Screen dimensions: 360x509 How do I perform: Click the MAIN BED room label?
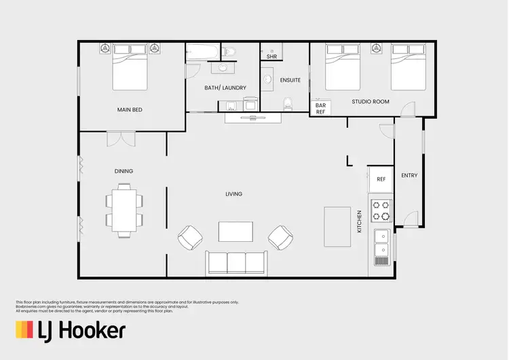(x=129, y=109)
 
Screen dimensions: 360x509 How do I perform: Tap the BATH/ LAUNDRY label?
(x=225, y=88)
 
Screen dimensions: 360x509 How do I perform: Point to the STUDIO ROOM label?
(x=371, y=101)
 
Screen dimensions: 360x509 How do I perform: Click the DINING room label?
(x=124, y=171)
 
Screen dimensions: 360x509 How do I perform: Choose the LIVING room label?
(x=234, y=194)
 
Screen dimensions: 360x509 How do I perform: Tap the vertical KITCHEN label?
(x=360, y=221)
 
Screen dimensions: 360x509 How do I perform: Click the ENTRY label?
(x=409, y=175)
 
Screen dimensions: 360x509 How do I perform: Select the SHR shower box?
(x=271, y=56)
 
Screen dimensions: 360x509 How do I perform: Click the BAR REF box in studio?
(x=321, y=109)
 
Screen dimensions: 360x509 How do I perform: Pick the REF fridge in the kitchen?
(x=381, y=180)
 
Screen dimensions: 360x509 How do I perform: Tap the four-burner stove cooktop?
(x=381, y=211)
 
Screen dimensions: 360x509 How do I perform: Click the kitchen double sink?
(x=381, y=246)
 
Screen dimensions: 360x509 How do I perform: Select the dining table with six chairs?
(x=124, y=211)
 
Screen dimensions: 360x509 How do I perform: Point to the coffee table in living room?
(x=235, y=232)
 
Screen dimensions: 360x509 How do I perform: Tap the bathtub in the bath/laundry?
(x=203, y=52)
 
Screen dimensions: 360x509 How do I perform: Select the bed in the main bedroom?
(x=130, y=68)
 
